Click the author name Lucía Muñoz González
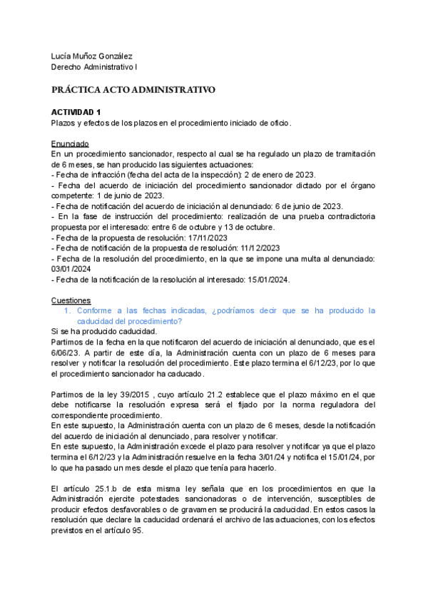point(92,56)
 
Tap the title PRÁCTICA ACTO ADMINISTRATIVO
point(133,90)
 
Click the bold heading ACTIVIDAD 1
point(76,112)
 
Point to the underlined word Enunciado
point(70,143)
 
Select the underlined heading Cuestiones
point(72,300)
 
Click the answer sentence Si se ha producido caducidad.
point(104,332)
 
